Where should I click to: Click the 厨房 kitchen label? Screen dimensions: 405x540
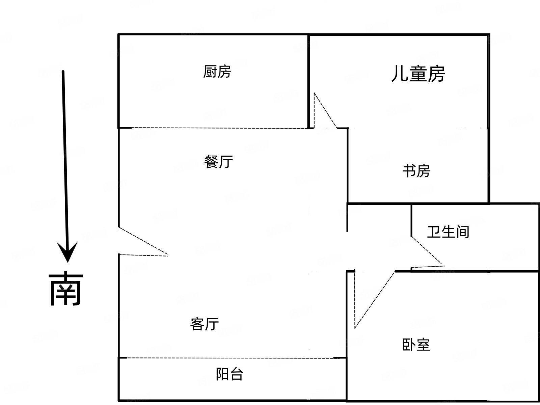point(217,72)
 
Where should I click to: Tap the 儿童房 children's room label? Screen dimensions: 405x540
point(418,74)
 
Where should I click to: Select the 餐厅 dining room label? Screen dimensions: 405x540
point(218,162)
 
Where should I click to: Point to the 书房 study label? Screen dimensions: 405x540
point(416,171)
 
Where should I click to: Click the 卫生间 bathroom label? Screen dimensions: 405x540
point(448,232)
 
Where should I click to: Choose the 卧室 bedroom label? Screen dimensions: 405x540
point(416,345)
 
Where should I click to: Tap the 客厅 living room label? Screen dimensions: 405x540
point(205,324)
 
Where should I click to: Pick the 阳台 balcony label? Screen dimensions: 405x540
point(230,374)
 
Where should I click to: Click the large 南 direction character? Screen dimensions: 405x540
point(66,289)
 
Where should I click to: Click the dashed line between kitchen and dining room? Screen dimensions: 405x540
point(219,128)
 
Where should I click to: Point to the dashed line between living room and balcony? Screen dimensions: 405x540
point(230,358)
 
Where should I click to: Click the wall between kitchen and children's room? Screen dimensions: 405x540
point(309,81)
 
